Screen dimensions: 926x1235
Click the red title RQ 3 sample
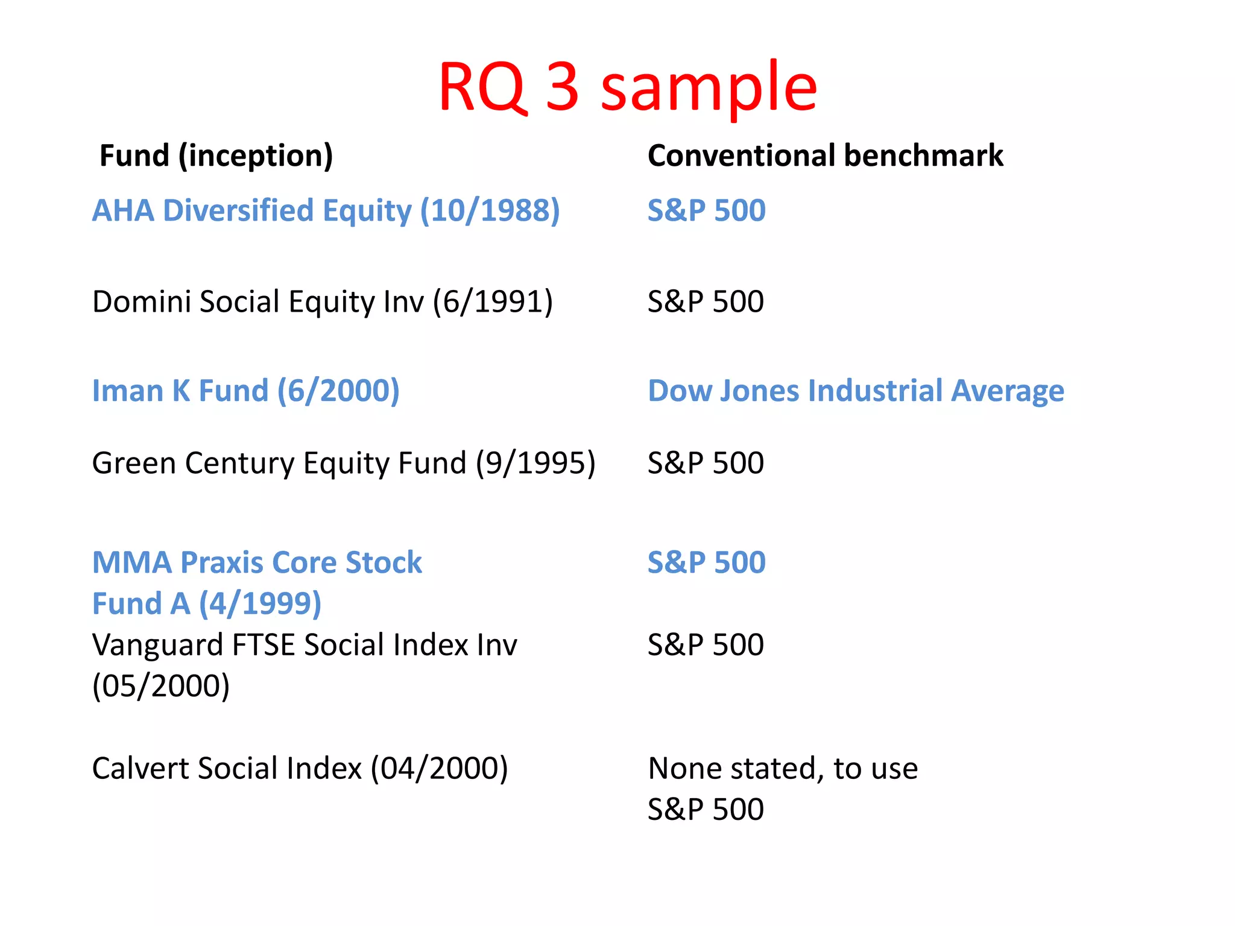tap(627, 87)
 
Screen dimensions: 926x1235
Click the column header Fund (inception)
tap(216, 156)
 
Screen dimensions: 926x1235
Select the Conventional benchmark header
tap(825, 156)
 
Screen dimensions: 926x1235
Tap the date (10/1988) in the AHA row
tap(490, 211)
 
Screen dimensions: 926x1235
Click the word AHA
tap(122, 211)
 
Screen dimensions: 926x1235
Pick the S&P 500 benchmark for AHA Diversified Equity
tap(706, 211)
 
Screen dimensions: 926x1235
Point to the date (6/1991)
tap(493, 301)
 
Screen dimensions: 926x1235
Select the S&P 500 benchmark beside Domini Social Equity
tap(706, 301)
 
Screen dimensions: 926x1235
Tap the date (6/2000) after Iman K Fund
tap(338, 391)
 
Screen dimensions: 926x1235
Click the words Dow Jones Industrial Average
tap(856, 391)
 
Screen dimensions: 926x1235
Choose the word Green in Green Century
tap(133, 463)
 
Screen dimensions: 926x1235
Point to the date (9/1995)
tap(535, 463)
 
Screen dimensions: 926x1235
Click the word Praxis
tap(221, 562)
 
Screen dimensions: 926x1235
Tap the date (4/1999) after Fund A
tap(261, 603)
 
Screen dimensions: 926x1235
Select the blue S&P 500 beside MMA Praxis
tap(706, 562)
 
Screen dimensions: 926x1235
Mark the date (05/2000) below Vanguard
tap(161, 686)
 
